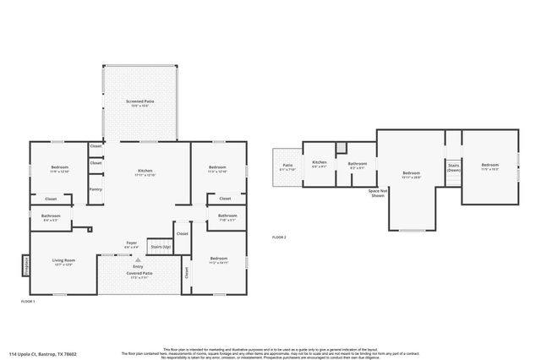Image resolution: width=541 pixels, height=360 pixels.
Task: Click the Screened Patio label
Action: [x=140, y=102]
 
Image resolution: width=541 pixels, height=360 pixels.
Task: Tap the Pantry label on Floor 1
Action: [x=96, y=189]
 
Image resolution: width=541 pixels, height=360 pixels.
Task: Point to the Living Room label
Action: [x=64, y=262]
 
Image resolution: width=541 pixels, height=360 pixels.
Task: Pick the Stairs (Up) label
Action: [x=160, y=248]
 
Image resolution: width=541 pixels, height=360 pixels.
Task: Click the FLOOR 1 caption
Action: [x=29, y=301]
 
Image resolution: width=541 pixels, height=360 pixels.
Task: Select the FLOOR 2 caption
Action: [x=279, y=237]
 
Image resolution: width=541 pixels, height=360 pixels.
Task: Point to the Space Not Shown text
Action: [x=377, y=194]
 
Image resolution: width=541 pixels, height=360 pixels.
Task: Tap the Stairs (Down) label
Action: [x=454, y=168]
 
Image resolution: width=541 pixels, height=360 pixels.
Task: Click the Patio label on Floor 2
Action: [x=287, y=166]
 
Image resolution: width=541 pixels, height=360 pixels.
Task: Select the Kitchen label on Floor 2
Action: [x=320, y=163]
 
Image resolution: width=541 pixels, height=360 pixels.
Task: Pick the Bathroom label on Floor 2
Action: [x=358, y=165]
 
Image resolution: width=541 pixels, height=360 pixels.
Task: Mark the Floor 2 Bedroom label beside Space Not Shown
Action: [x=411, y=174]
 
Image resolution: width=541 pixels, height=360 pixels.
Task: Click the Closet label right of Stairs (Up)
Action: [x=182, y=234]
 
